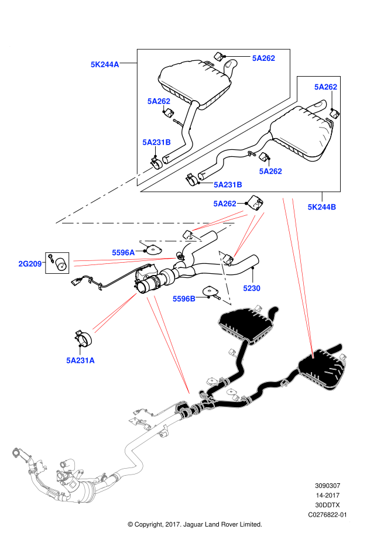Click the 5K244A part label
(105, 64)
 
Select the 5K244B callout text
(321, 207)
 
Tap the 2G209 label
(30, 264)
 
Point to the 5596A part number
(123, 253)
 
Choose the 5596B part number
(184, 299)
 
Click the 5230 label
(252, 288)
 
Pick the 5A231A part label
(80, 360)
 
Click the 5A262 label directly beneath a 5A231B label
(224, 204)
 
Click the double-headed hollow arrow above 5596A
(170, 240)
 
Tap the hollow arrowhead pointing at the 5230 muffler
(227, 303)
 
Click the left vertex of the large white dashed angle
(57, 222)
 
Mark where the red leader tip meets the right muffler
(313, 357)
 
